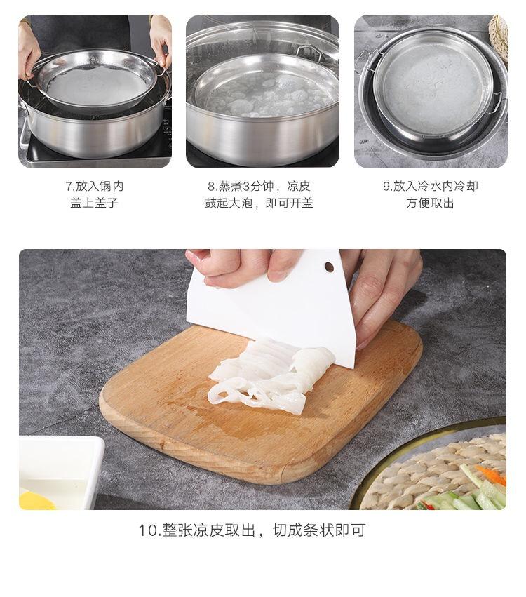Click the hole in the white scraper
329,267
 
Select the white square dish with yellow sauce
61,473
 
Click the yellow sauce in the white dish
37,500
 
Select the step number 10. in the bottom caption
149,530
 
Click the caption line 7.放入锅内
95,186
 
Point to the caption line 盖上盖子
95,203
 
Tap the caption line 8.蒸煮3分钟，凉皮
259,186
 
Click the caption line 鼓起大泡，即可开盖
259,203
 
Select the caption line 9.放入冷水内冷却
431,186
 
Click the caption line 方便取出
431,203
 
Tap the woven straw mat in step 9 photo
499,36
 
